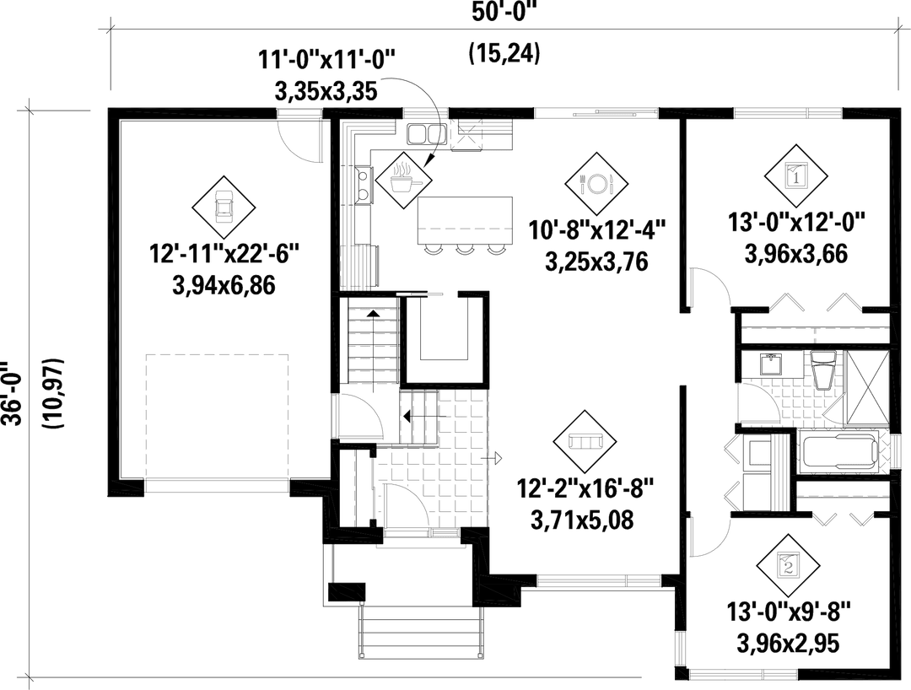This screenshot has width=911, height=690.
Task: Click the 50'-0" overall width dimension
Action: (503, 13)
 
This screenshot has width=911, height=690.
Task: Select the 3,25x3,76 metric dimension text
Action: (596, 261)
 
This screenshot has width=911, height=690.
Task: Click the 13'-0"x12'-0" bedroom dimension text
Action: (798, 224)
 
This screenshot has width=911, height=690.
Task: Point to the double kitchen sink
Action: (431, 133)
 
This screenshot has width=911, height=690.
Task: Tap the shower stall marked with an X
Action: (866, 387)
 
